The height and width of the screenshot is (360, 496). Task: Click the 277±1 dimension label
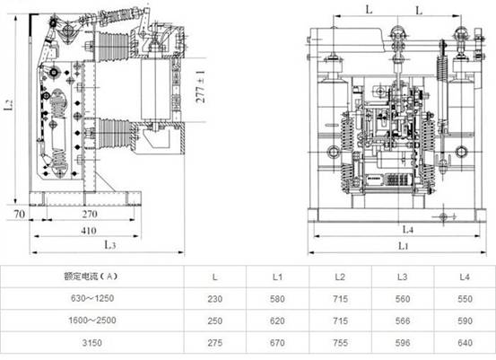(x=201, y=87)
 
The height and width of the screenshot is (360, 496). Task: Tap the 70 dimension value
(x=19, y=214)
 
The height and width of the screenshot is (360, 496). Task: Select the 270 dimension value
(x=90, y=214)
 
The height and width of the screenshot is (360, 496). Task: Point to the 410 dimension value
(x=89, y=231)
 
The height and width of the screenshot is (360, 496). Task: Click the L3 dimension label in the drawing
(x=109, y=244)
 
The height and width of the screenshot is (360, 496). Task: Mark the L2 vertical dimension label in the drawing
(x=9, y=104)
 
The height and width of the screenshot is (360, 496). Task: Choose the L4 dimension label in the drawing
(x=408, y=229)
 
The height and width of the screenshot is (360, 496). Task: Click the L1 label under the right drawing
(x=403, y=246)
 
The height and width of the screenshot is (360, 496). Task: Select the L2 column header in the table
(x=339, y=277)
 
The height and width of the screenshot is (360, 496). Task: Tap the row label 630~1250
(x=92, y=298)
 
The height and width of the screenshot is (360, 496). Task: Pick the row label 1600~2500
(x=92, y=320)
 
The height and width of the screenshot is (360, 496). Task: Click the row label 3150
(x=92, y=343)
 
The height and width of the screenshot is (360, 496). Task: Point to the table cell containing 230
(x=214, y=299)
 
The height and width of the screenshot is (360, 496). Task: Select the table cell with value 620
(x=277, y=320)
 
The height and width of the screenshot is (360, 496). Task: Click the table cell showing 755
(x=340, y=343)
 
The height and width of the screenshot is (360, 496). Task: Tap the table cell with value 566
(x=403, y=320)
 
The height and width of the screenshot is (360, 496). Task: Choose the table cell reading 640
(x=465, y=343)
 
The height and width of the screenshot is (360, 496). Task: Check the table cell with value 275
(x=214, y=343)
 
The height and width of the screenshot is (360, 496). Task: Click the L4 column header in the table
(x=465, y=277)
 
